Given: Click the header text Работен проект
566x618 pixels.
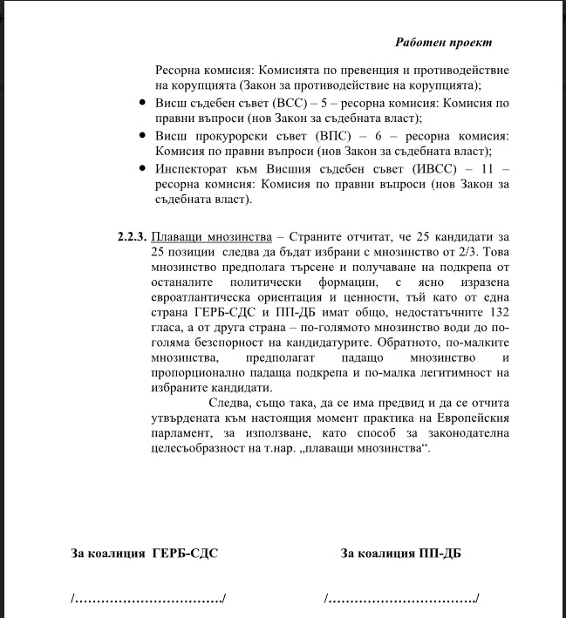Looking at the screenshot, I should tap(443, 42).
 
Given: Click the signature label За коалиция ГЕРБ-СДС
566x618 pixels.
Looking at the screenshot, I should tap(144, 552).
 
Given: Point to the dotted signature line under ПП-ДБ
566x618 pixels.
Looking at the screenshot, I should tap(401, 599).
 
